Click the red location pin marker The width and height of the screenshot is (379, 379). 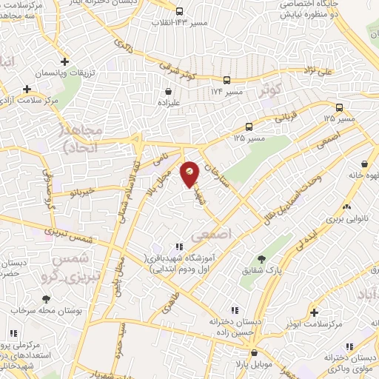point(190,175)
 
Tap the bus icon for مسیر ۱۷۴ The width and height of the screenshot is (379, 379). point(227,80)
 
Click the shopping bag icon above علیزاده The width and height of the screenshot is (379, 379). point(169,93)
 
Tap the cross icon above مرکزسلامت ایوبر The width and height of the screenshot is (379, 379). point(315,312)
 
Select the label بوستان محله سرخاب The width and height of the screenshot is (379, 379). point(46,312)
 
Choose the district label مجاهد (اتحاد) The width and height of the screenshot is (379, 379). point(76,138)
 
